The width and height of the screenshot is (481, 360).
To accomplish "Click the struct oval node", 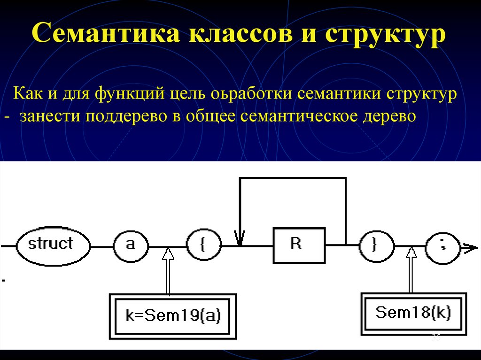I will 52,245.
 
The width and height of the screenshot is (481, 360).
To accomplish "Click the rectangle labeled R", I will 299,245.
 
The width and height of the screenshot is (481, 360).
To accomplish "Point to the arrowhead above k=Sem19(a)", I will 168,253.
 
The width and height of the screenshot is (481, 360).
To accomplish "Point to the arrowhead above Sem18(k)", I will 411,253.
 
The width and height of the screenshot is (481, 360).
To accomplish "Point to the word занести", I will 50,116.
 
